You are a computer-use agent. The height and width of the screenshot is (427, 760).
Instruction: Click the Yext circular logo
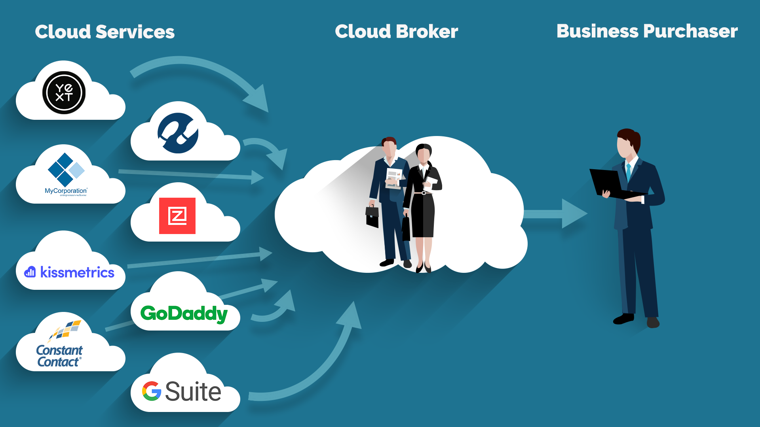(x=64, y=93)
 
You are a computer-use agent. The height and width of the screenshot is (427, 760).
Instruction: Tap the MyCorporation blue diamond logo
(x=66, y=170)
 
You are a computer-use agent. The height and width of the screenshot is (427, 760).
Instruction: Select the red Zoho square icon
(x=177, y=216)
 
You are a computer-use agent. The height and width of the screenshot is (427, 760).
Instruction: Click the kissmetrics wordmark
(x=77, y=272)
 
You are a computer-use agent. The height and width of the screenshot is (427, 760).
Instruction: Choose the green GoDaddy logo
(x=184, y=314)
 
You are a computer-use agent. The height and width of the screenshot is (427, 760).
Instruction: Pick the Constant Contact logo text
(x=59, y=356)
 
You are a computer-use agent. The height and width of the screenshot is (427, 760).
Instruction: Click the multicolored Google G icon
(x=152, y=391)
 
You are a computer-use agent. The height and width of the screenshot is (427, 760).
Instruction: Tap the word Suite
(x=193, y=391)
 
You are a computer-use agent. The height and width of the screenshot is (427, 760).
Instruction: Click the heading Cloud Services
(x=104, y=32)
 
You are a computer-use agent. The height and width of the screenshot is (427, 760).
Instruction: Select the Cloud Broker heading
(x=396, y=31)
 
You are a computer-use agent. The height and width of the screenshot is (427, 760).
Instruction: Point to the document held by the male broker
(x=394, y=178)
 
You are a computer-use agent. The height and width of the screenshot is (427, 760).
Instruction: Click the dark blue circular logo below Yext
(x=178, y=133)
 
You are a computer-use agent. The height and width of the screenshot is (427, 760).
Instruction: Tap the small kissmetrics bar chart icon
(x=30, y=272)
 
